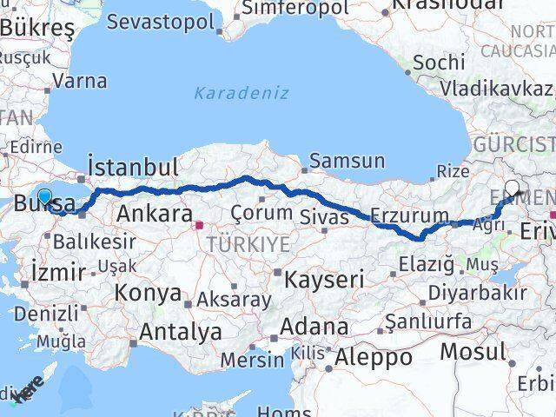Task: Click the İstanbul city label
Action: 134,167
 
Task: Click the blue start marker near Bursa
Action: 44,197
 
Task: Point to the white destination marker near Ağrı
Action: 512,189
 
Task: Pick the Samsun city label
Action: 347,161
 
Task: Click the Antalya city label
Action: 181,331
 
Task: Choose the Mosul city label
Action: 472,352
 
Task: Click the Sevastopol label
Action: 160,22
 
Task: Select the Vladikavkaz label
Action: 495,88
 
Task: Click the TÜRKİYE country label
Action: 248,245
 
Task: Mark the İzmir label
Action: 56,270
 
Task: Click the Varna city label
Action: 80,82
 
